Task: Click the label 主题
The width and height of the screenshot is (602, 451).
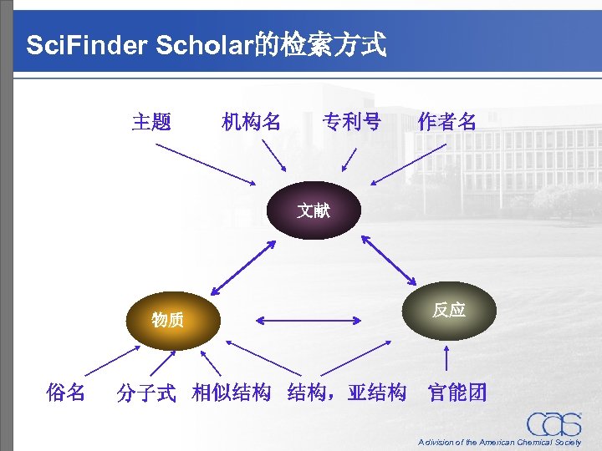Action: (152, 122)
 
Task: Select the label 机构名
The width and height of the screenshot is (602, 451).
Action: (251, 122)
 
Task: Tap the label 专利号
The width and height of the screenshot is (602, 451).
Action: (352, 122)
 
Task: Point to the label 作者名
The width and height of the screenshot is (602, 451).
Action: (447, 122)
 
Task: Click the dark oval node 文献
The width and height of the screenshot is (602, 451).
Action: (314, 210)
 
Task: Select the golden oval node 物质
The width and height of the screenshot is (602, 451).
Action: (168, 319)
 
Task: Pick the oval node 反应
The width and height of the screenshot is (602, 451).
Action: (449, 310)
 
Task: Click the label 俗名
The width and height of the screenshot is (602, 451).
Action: (66, 392)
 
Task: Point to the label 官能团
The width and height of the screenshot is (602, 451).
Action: (457, 392)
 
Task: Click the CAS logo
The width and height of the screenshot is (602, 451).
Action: (554, 424)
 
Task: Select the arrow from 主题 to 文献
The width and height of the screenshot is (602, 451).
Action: (207, 164)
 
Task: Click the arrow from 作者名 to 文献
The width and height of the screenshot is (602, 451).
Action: (412, 164)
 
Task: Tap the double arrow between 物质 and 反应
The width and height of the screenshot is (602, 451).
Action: (314, 318)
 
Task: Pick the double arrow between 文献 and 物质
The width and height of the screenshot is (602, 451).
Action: (244, 266)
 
